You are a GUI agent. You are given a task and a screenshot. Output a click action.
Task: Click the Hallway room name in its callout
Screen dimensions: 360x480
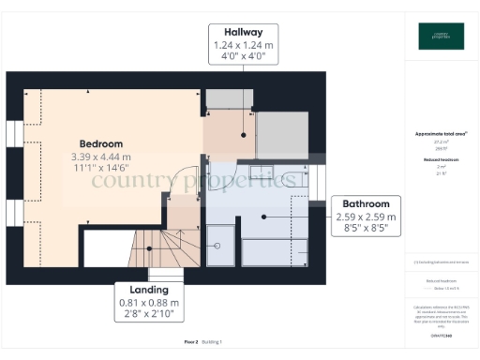point(244,31)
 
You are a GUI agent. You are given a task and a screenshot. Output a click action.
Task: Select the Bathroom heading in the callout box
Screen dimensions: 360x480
point(366,203)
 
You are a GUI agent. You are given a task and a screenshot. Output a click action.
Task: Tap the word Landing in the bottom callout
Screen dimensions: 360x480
point(149,290)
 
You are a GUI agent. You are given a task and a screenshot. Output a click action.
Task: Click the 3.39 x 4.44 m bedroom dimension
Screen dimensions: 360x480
point(100,157)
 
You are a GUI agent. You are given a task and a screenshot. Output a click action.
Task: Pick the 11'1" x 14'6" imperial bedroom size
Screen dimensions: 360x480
point(100,170)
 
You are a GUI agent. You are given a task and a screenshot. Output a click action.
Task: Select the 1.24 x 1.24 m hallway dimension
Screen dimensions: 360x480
point(244,44)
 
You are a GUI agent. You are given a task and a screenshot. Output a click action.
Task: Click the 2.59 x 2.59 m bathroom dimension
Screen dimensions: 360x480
point(366,217)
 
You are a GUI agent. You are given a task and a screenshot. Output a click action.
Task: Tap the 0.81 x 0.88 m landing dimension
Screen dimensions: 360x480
point(149,303)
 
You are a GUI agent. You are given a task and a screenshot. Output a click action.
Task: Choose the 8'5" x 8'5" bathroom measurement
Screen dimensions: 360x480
point(366,229)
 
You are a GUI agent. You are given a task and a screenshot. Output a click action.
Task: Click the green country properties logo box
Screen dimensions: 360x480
point(441,36)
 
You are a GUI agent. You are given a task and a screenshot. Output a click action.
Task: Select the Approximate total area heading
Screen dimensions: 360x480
point(441,134)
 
